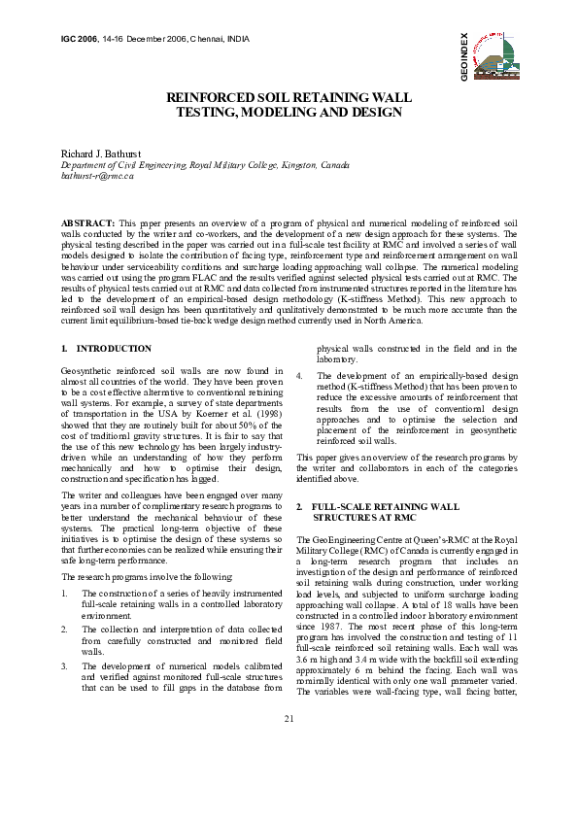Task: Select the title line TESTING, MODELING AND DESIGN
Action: tap(289, 113)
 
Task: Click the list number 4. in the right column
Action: tap(299, 375)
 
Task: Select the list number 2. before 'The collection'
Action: tap(64, 630)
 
